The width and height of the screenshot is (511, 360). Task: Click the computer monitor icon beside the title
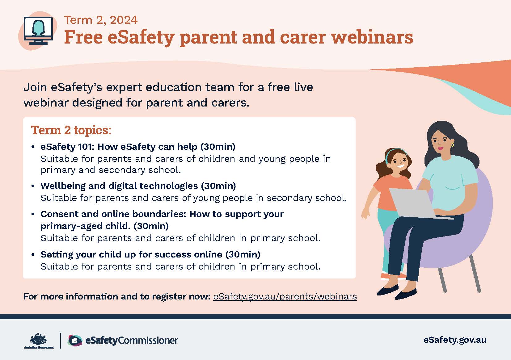pos(38,31)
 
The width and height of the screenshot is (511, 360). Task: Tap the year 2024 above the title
pos(124,20)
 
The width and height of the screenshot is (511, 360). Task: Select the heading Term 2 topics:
pos(71,130)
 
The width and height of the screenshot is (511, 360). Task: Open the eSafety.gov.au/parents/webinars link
pos(285,296)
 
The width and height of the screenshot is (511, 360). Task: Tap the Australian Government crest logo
pos(39,340)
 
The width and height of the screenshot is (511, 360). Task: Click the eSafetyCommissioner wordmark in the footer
pos(132,340)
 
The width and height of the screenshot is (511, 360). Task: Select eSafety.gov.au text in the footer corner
pos(455,340)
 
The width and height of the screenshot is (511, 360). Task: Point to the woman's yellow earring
pos(452,144)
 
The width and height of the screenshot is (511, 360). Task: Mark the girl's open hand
pos(365,215)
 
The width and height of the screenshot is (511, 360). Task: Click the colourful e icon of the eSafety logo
pos(75,340)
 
